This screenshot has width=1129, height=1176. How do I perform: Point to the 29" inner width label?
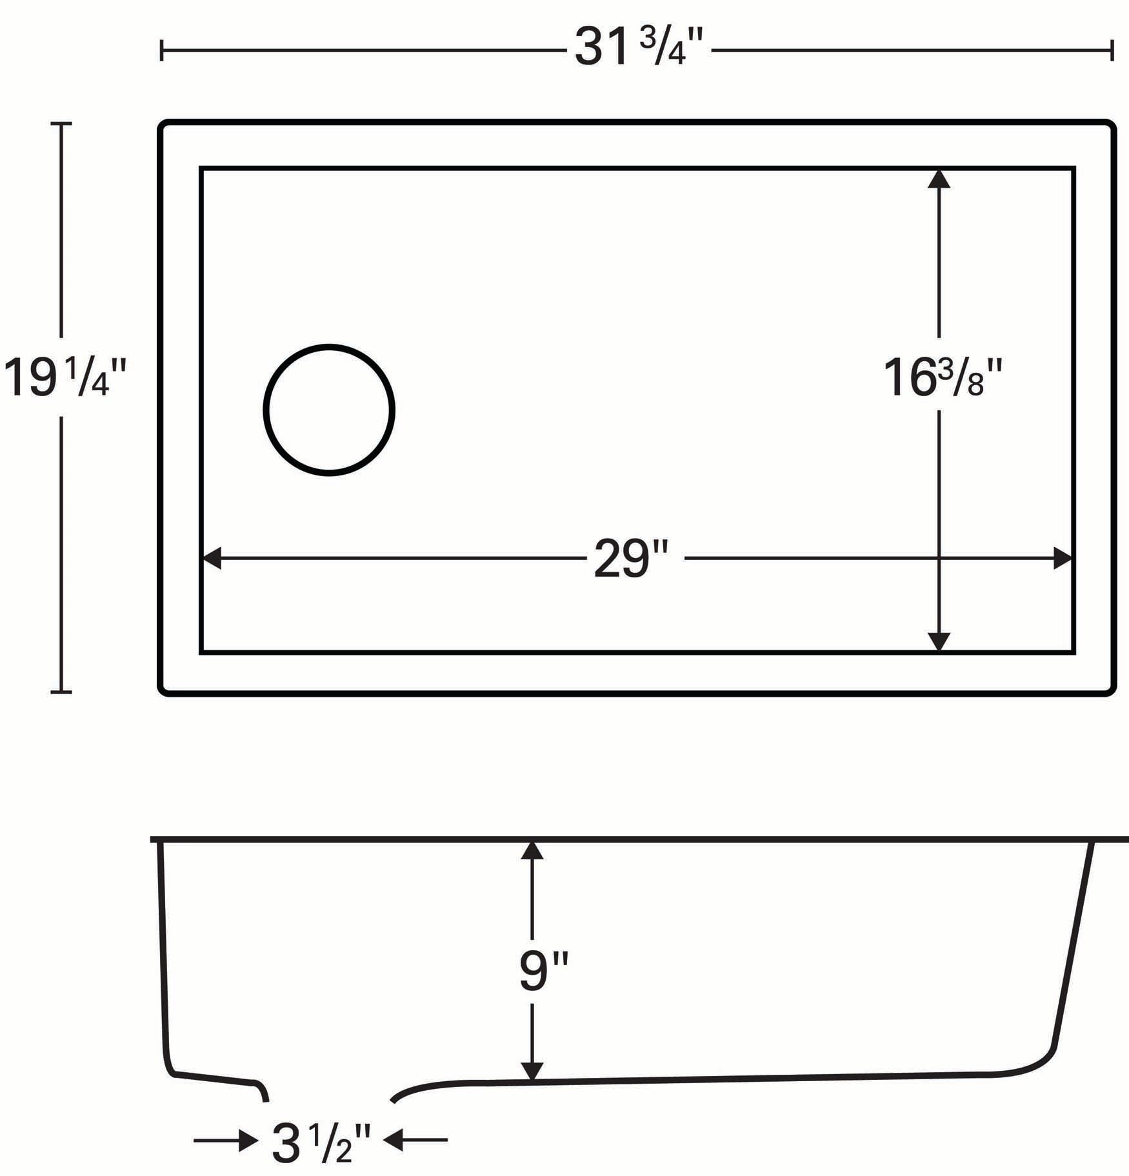click(630, 559)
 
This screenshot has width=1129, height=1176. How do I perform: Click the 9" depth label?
click(544, 973)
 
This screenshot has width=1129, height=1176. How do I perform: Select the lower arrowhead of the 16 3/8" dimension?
click(939, 643)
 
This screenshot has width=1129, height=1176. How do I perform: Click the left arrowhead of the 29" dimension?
click(212, 559)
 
